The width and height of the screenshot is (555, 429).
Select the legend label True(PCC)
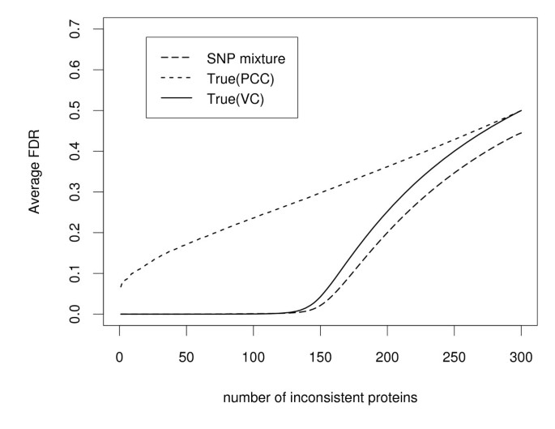click(235, 79)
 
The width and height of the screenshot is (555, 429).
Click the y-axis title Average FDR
click(35, 172)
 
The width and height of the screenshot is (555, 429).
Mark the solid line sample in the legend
click(177, 99)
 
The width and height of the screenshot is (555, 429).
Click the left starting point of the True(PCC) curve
click(120, 286)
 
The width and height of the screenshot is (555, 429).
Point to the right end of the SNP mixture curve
click(521, 133)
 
